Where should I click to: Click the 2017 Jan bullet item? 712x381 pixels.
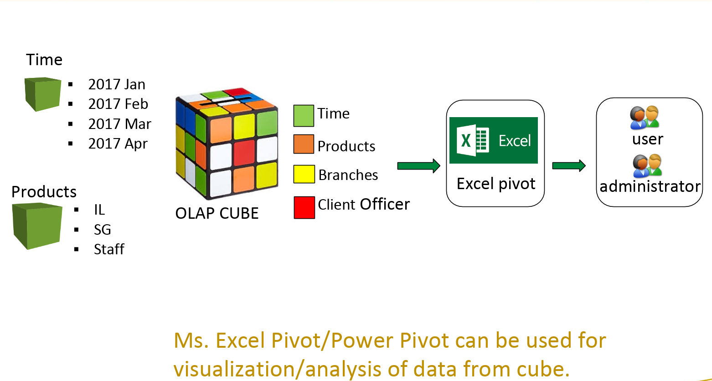pos(117,84)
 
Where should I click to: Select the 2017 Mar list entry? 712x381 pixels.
pos(119,124)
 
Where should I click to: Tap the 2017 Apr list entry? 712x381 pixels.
pos(118,144)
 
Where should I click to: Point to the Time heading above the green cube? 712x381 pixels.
pos(44,60)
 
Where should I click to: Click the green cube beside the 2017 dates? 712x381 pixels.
pos(42,94)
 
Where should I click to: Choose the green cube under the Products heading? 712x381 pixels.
pos(37,226)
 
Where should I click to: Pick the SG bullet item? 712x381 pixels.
pos(103,230)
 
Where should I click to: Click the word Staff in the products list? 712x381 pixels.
pos(109,249)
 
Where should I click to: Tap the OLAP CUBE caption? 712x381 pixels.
pos(217,213)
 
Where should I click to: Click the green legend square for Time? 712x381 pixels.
pos(304,116)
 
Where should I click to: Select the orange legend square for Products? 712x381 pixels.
pos(304,144)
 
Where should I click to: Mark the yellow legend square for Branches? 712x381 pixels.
pos(304,174)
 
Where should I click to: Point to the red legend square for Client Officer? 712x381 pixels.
pos(304,207)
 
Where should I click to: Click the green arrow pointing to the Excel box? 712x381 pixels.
pos(418,166)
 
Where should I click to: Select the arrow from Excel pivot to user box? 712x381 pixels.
pos(569,165)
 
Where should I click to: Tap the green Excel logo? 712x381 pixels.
pos(493,140)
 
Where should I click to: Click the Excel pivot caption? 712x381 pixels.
pos(496,184)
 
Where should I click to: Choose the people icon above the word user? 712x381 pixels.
pos(645,118)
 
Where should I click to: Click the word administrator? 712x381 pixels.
pos(650,186)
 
